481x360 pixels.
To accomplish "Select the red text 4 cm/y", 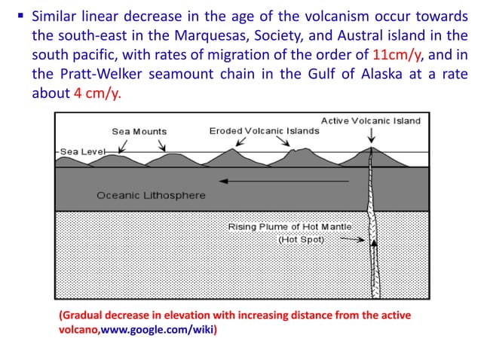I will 97,96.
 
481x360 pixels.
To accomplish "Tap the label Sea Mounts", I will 139,131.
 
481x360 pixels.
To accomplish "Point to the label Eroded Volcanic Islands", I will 264,130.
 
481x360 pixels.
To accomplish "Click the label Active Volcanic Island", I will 371,121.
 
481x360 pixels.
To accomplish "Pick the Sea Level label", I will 83,151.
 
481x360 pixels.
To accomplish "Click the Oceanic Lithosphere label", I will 151,195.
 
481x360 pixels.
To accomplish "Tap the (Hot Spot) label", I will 302,239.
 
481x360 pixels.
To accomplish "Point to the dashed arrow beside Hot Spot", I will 348,239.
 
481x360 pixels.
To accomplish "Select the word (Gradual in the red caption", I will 81,315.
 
